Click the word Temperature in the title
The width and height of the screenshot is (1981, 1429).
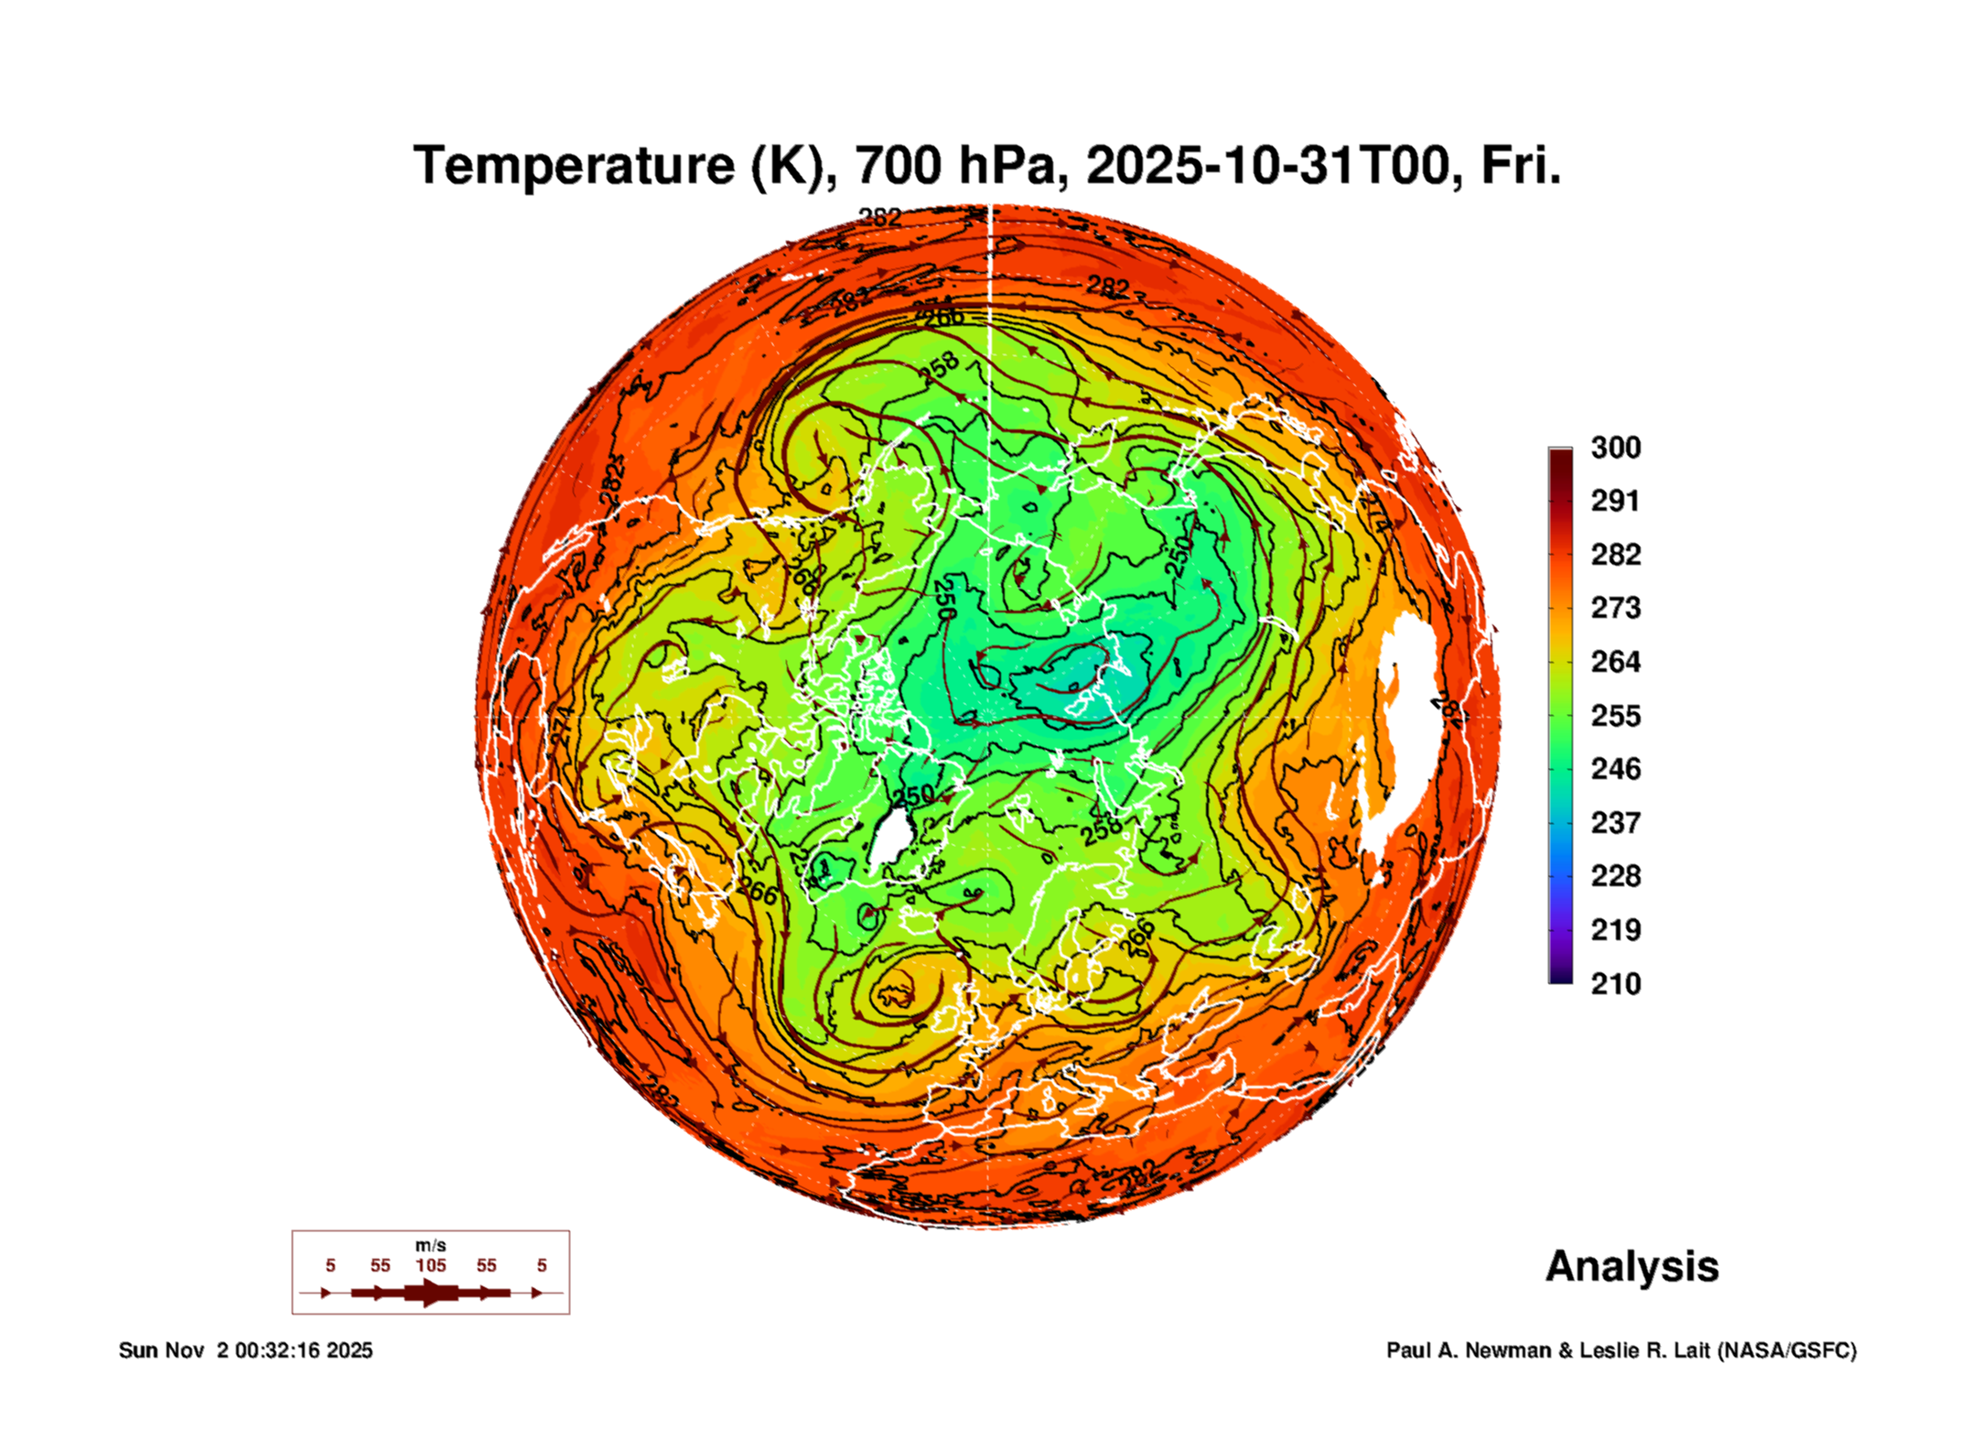574,166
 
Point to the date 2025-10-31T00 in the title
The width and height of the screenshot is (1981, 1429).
1268,166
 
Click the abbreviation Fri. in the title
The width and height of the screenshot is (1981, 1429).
1520,166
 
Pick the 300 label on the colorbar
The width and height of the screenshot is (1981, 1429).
1615,448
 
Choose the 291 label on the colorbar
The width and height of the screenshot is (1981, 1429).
1615,501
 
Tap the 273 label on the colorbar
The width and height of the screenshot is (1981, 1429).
1615,608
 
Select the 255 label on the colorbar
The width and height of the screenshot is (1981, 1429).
1615,715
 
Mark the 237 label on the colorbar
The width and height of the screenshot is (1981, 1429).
1615,822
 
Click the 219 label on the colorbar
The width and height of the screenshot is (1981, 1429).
1615,930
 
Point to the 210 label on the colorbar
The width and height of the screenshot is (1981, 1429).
1615,983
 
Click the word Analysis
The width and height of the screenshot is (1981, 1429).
1631,1267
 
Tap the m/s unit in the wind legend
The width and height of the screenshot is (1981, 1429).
431,1245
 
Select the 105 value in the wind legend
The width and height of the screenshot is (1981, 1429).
431,1265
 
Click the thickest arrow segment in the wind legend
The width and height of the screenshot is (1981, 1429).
431,1293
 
